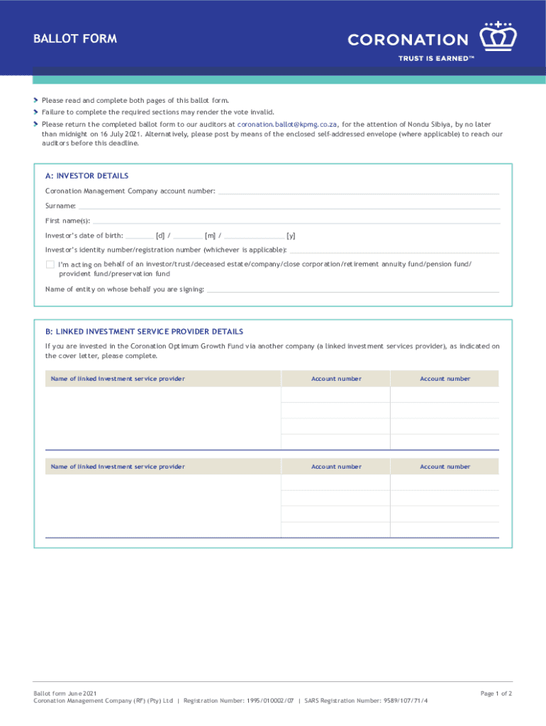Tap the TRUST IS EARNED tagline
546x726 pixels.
[435, 59]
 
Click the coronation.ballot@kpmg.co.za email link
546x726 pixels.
[288, 123]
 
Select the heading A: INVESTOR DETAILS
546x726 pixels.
[87, 176]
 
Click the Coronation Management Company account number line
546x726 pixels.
[358, 193]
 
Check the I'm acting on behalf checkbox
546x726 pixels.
[50, 264]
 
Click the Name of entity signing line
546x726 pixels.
[352, 291]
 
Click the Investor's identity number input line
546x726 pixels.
[394, 251]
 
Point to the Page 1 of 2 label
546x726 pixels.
[496, 693]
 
